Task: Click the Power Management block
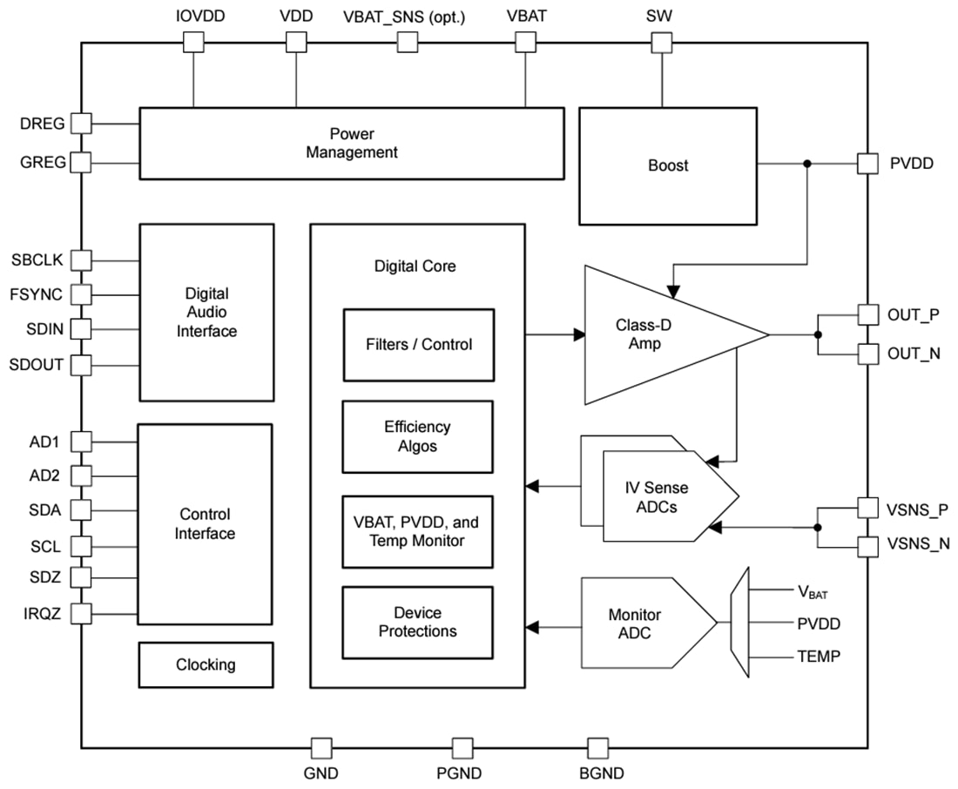pos(351,144)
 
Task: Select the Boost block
pos(668,165)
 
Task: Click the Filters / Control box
pos(418,345)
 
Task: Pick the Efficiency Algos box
pos(418,436)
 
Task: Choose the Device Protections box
pos(418,622)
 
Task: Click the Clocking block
pos(206,664)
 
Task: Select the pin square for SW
pos(662,42)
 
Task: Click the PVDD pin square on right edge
pos(867,163)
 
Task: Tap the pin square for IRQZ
pos(81,613)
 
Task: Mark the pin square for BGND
pos(597,747)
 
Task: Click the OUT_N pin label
pos(914,354)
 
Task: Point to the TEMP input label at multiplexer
pos(819,657)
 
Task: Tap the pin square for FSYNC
pos(81,294)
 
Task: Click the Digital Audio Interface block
pos(206,313)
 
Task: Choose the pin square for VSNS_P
pos(867,508)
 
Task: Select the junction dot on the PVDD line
pos(807,163)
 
